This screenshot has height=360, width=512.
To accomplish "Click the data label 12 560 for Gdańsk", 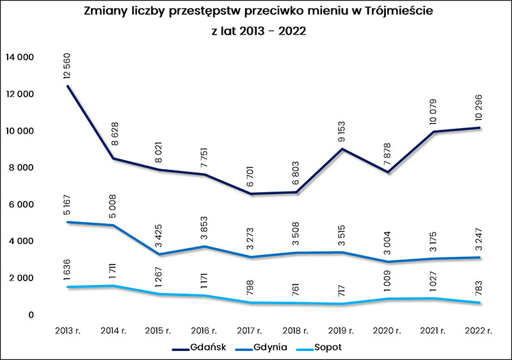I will click(x=67, y=65).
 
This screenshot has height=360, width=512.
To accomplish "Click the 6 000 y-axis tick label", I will click(x=22, y=204).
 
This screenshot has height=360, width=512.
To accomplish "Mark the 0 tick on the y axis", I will click(x=30, y=315).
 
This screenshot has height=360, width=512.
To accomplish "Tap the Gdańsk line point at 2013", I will click(x=67, y=86).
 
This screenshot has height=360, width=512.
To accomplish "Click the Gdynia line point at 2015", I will click(x=159, y=254).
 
